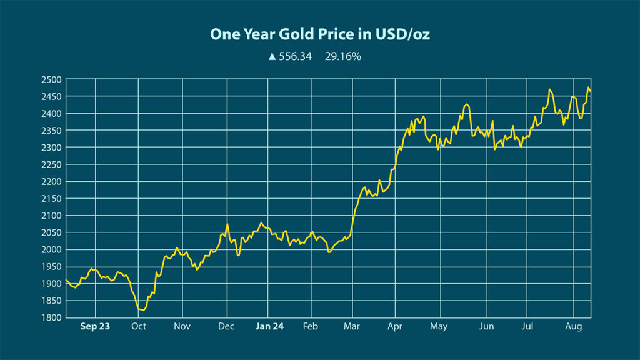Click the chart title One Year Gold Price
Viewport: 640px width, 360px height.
point(319,34)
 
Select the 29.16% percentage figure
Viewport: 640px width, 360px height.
point(343,56)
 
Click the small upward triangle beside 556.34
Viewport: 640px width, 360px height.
point(272,56)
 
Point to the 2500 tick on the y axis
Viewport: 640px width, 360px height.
point(52,79)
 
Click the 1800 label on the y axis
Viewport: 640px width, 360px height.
point(52,317)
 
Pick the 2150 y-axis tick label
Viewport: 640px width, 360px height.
point(52,199)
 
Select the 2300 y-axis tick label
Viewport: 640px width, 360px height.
point(52,147)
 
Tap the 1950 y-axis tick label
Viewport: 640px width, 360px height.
point(52,267)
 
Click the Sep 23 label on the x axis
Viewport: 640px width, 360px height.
point(95,326)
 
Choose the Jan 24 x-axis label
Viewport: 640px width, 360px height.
point(270,326)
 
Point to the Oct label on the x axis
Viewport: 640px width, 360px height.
point(139,326)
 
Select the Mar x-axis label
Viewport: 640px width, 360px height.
point(351,326)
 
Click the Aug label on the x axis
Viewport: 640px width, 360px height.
point(573,326)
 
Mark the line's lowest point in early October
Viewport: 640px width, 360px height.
point(142,310)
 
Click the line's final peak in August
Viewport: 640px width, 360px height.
point(588,87)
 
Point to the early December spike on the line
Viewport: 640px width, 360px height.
point(227,224)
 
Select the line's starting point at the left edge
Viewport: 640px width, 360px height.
point(66,280)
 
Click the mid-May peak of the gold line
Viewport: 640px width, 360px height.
point(466,104)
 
